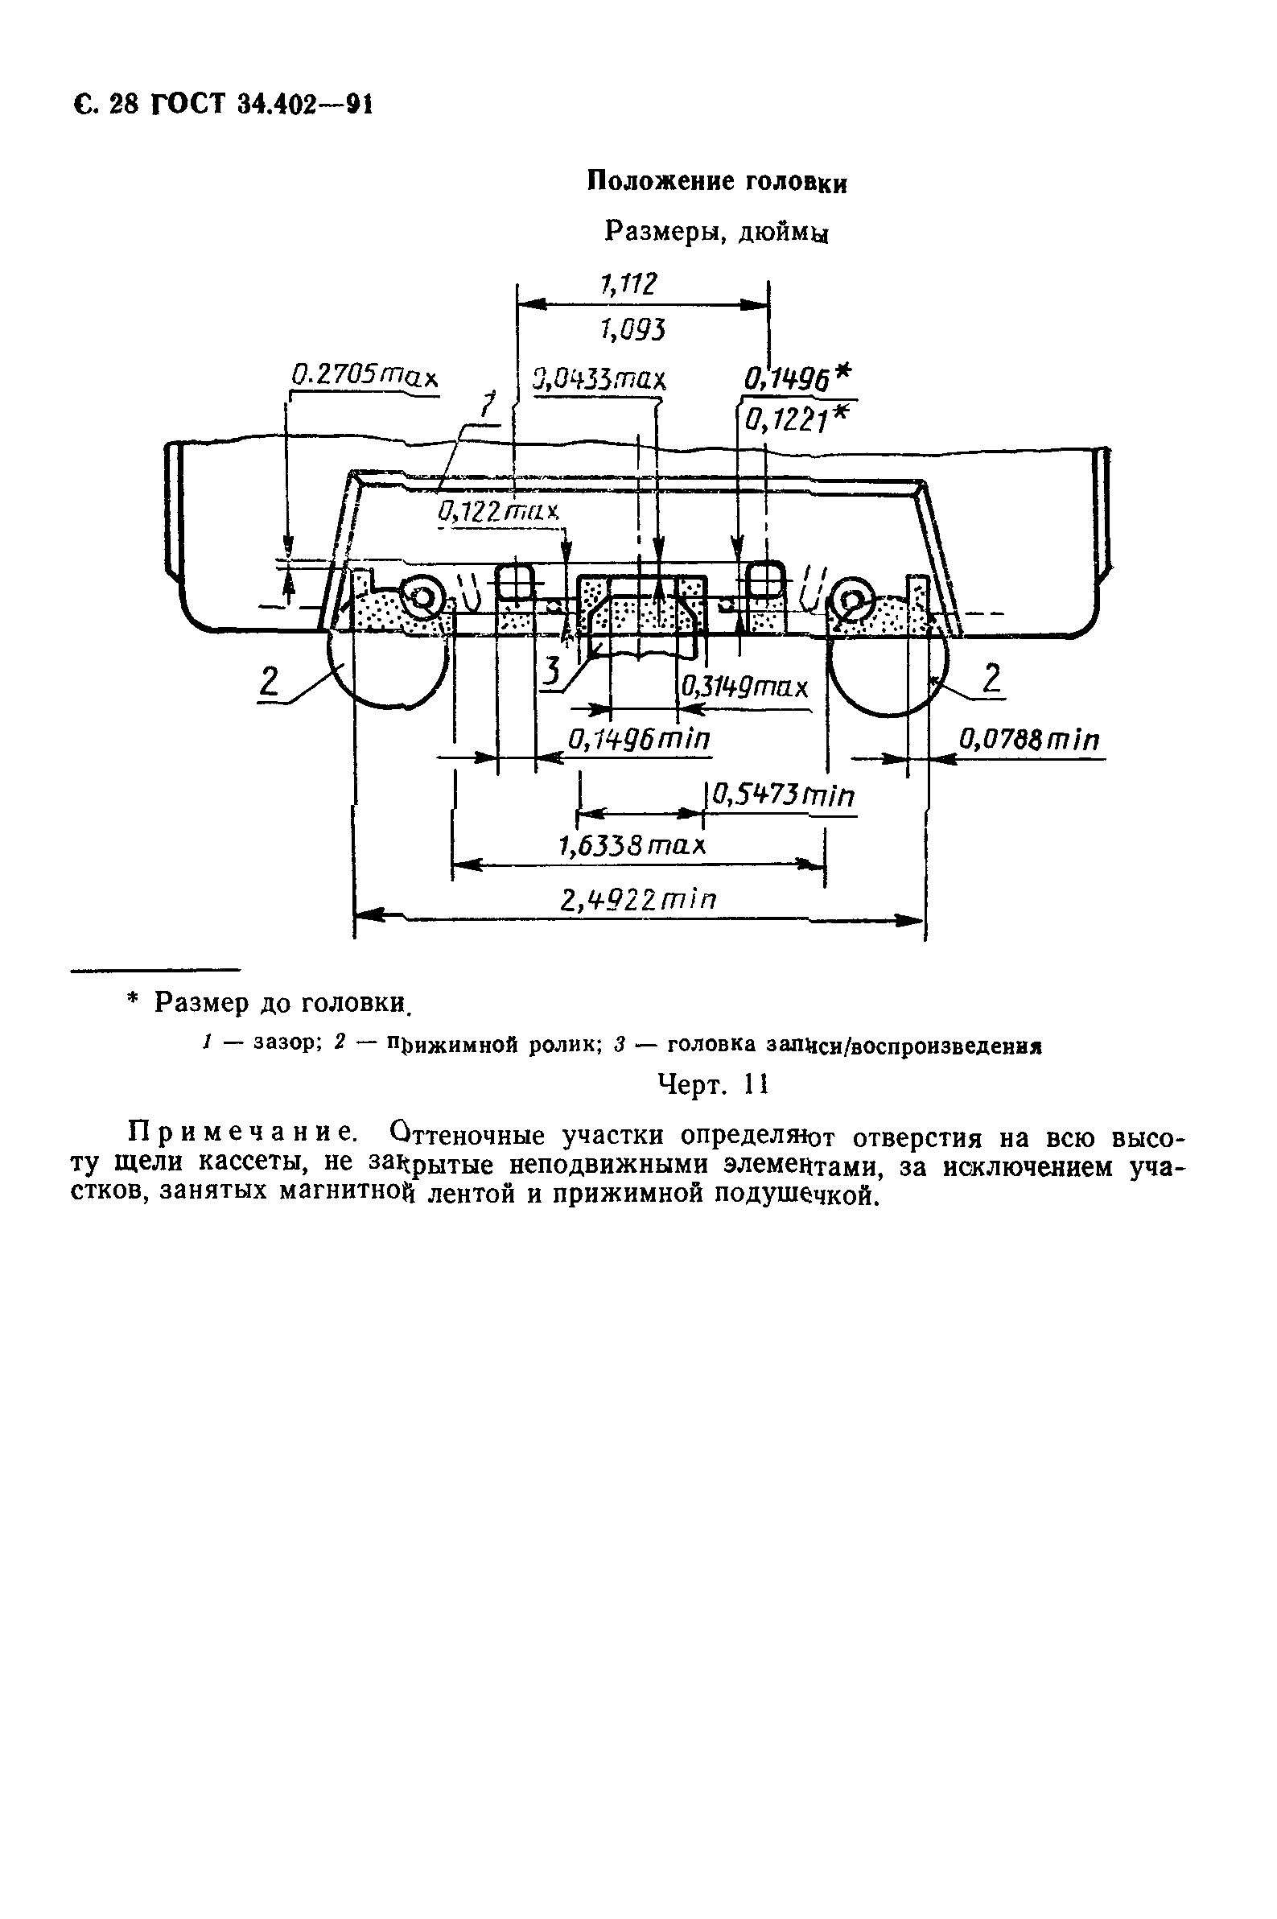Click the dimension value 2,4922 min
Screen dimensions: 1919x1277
pyautogui.click(x=639, y=901)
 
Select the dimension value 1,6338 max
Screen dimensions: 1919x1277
pyautogui.click(x=632, y=846)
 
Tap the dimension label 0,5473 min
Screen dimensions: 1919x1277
pyautogui.click(x=783, y=796)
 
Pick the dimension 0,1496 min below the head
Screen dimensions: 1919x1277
pyautogui.click(x=639, y=740)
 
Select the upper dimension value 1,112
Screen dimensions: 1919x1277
pyautogui.click(x=628, y=284)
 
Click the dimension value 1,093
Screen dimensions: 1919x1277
pyautogui.click(x=632, y=330)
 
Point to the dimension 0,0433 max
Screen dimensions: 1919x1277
pyautogui.click(x=599, y=379)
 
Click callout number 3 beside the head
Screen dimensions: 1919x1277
pyautogui.click(x=552, y=672)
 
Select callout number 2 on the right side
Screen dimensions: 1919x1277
pyautogui.click(x=991, y=677)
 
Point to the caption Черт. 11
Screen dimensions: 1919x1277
pyautogui.click(x=713, y=1085)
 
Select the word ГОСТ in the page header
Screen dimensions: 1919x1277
pyautogui.click(x=186, y=105)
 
